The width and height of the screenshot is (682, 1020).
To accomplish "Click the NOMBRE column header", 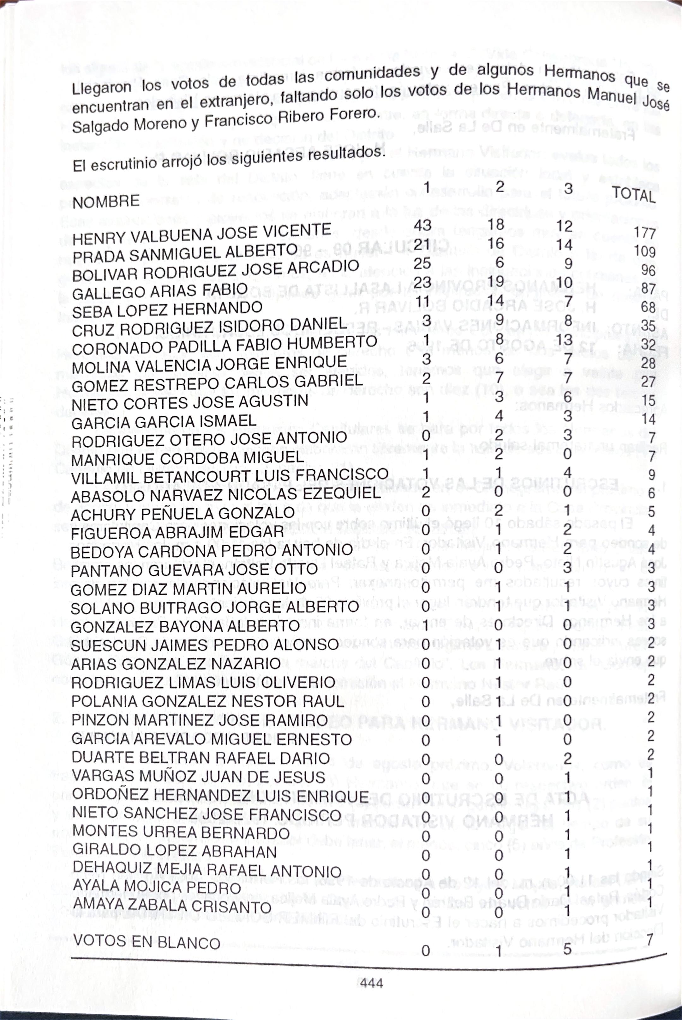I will tap(106, 202).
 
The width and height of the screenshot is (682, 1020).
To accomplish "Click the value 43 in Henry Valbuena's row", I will tap(422, 225).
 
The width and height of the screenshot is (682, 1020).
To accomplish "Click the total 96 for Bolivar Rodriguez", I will tap(648, 270).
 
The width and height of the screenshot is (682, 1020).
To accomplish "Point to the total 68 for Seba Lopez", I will tap(648, 307).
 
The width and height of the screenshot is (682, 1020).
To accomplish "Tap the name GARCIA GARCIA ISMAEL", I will tap(164, 421).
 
